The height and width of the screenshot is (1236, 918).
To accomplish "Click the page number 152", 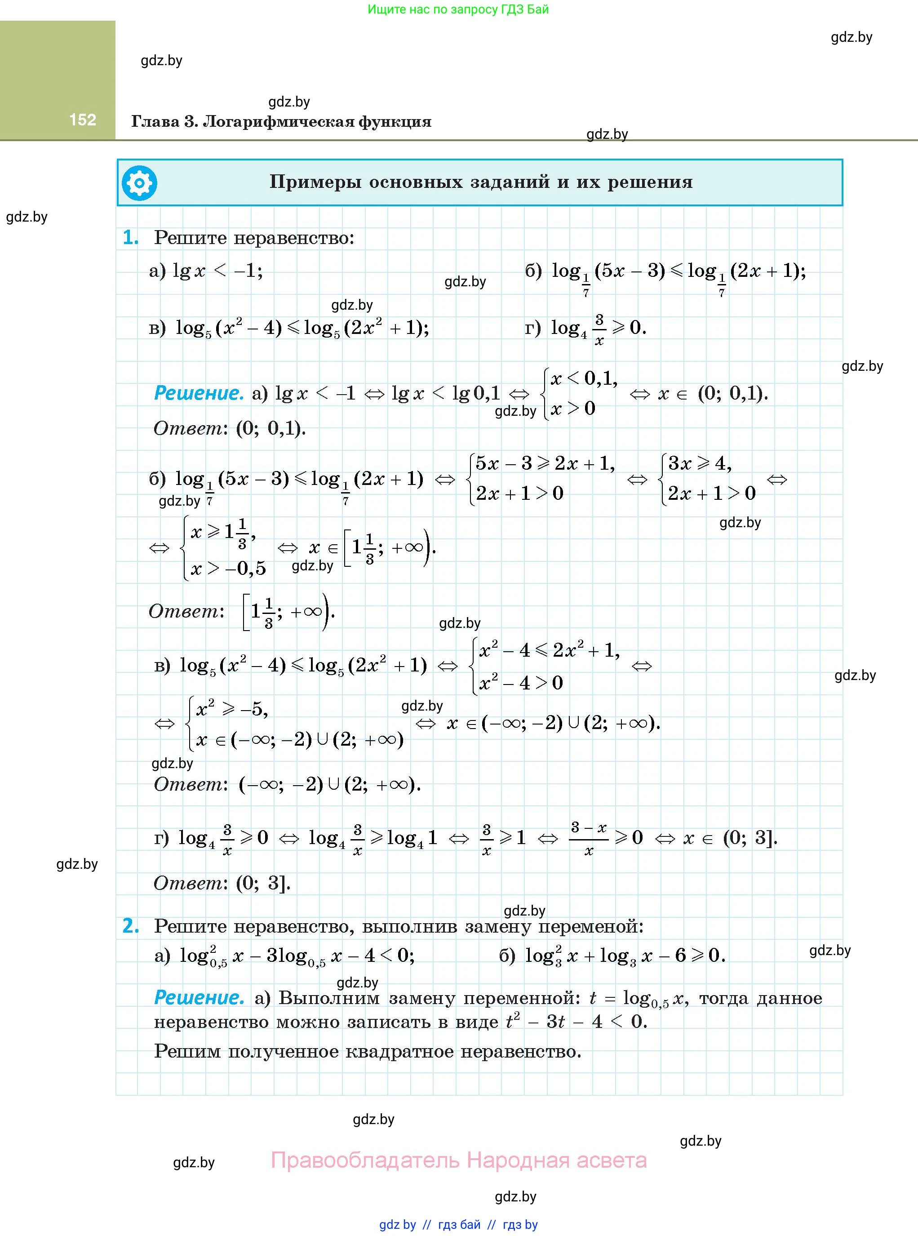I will (x=83, y=120).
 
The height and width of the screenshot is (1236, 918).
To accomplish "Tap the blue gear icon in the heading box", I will (x=139, y=183).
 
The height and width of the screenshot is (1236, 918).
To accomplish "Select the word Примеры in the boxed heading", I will (x=315, y=182).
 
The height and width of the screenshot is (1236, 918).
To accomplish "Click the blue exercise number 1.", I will (x=131, y=238).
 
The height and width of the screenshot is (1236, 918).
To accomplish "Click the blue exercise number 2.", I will (x=131, y=926).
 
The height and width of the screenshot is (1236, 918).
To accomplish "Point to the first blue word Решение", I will (x=198, y=393).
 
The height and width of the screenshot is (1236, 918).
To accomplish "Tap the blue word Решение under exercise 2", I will (x=198, y=998).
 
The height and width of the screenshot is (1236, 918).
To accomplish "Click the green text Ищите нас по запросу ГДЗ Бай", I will (x=458, y=9).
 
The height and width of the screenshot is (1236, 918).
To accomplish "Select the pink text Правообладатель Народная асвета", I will (x=458, y=1160).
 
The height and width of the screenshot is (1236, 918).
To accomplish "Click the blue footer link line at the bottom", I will (x=458, y=1225).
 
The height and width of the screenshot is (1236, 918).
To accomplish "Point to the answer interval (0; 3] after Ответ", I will (x=263, y=883).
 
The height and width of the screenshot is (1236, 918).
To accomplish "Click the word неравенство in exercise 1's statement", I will (x=293, y=238).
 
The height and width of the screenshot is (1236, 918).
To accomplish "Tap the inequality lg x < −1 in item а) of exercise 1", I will (x=217, y=271).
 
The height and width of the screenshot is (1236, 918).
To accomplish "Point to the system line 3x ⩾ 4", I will (x=699, y=463).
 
